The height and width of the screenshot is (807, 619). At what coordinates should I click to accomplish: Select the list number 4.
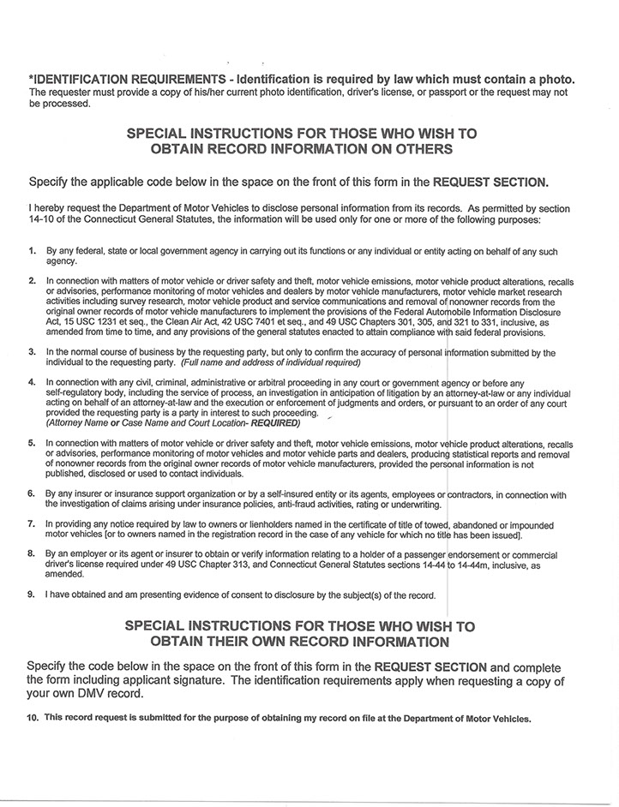click(31, 381)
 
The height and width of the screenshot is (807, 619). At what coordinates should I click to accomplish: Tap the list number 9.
click(31, 595)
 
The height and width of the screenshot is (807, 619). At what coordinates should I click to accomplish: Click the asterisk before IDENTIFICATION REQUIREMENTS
click(31, 80)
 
